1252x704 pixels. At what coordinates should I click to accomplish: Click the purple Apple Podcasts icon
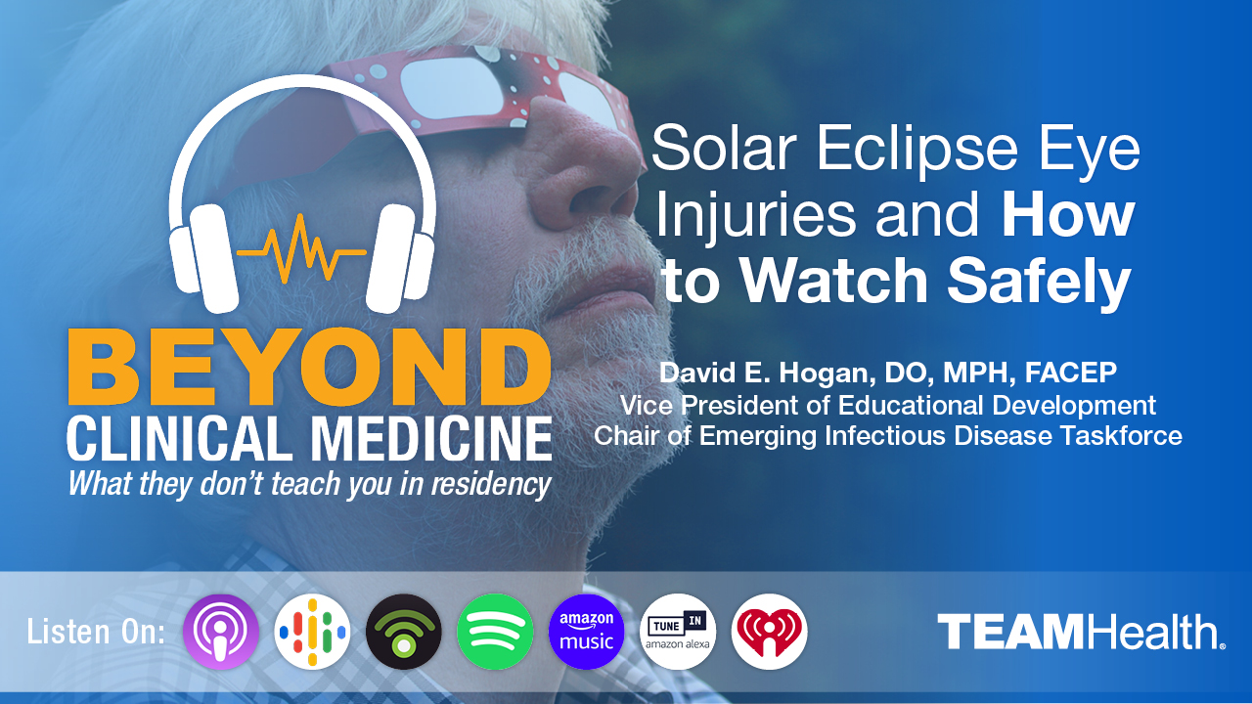(221, 632)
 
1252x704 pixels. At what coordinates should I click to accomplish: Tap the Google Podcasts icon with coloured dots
(312, 632)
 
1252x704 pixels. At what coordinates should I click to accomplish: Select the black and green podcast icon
(403, 632)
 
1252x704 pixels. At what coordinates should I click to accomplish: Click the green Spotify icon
(495, 632)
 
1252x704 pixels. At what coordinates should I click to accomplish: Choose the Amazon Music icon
(586, 632)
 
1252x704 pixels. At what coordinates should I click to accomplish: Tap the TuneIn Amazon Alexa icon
(678, 632)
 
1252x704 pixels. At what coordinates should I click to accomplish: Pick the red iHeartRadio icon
(769, 632)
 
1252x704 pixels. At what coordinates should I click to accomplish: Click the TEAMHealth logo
(1081, 633)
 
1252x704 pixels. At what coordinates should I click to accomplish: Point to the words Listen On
(96, 632)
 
